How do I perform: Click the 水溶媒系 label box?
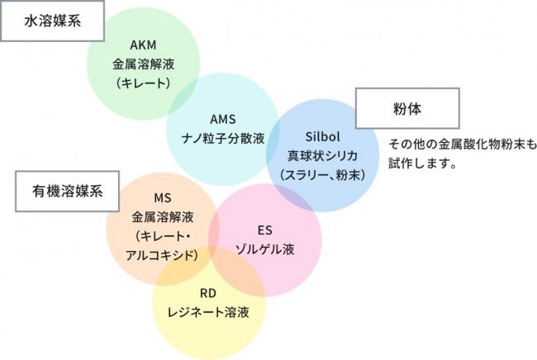(x=53, y=21)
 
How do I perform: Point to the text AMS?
(x=223, y=117)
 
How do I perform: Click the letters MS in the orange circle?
(x=162, y=199)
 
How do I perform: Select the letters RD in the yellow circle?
(x=208, y=293)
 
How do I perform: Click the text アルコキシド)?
(x=162, y=255)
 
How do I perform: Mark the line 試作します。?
(x=423, y=163)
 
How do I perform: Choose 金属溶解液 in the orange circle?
(x=162, y=218)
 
